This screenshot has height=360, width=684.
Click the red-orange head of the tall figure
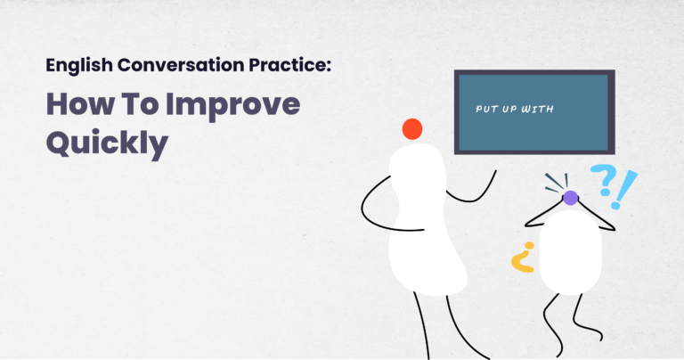411,129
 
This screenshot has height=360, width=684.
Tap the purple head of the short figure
570,198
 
